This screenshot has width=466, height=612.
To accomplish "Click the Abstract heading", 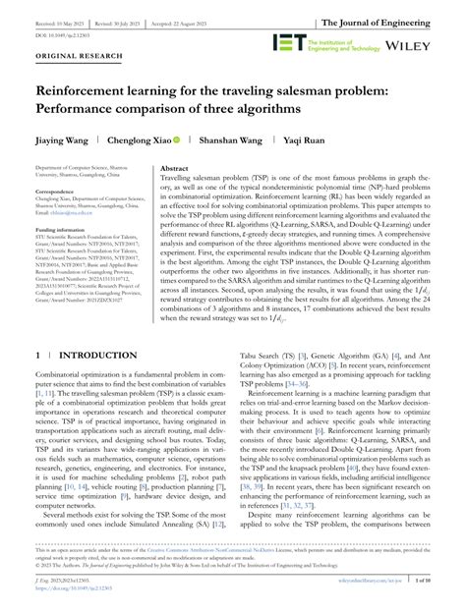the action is point(174,168).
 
